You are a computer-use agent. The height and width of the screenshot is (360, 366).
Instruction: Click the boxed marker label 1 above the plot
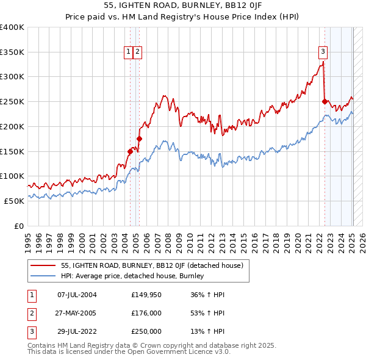point(129,52)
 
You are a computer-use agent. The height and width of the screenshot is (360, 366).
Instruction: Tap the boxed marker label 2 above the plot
point(138,52)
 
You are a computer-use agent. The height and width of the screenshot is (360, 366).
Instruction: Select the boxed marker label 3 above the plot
point(323,52)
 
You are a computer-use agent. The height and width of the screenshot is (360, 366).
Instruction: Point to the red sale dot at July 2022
point(325,102)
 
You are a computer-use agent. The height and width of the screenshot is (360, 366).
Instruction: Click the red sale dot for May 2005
point(139,139)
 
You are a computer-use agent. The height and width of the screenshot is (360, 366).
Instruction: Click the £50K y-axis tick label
point(14,200)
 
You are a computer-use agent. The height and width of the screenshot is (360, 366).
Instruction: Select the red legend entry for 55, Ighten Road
point(152,265)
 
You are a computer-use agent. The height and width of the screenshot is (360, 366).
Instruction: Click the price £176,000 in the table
point(146,313)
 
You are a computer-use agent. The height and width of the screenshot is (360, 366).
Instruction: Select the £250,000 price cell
point(146,331)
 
